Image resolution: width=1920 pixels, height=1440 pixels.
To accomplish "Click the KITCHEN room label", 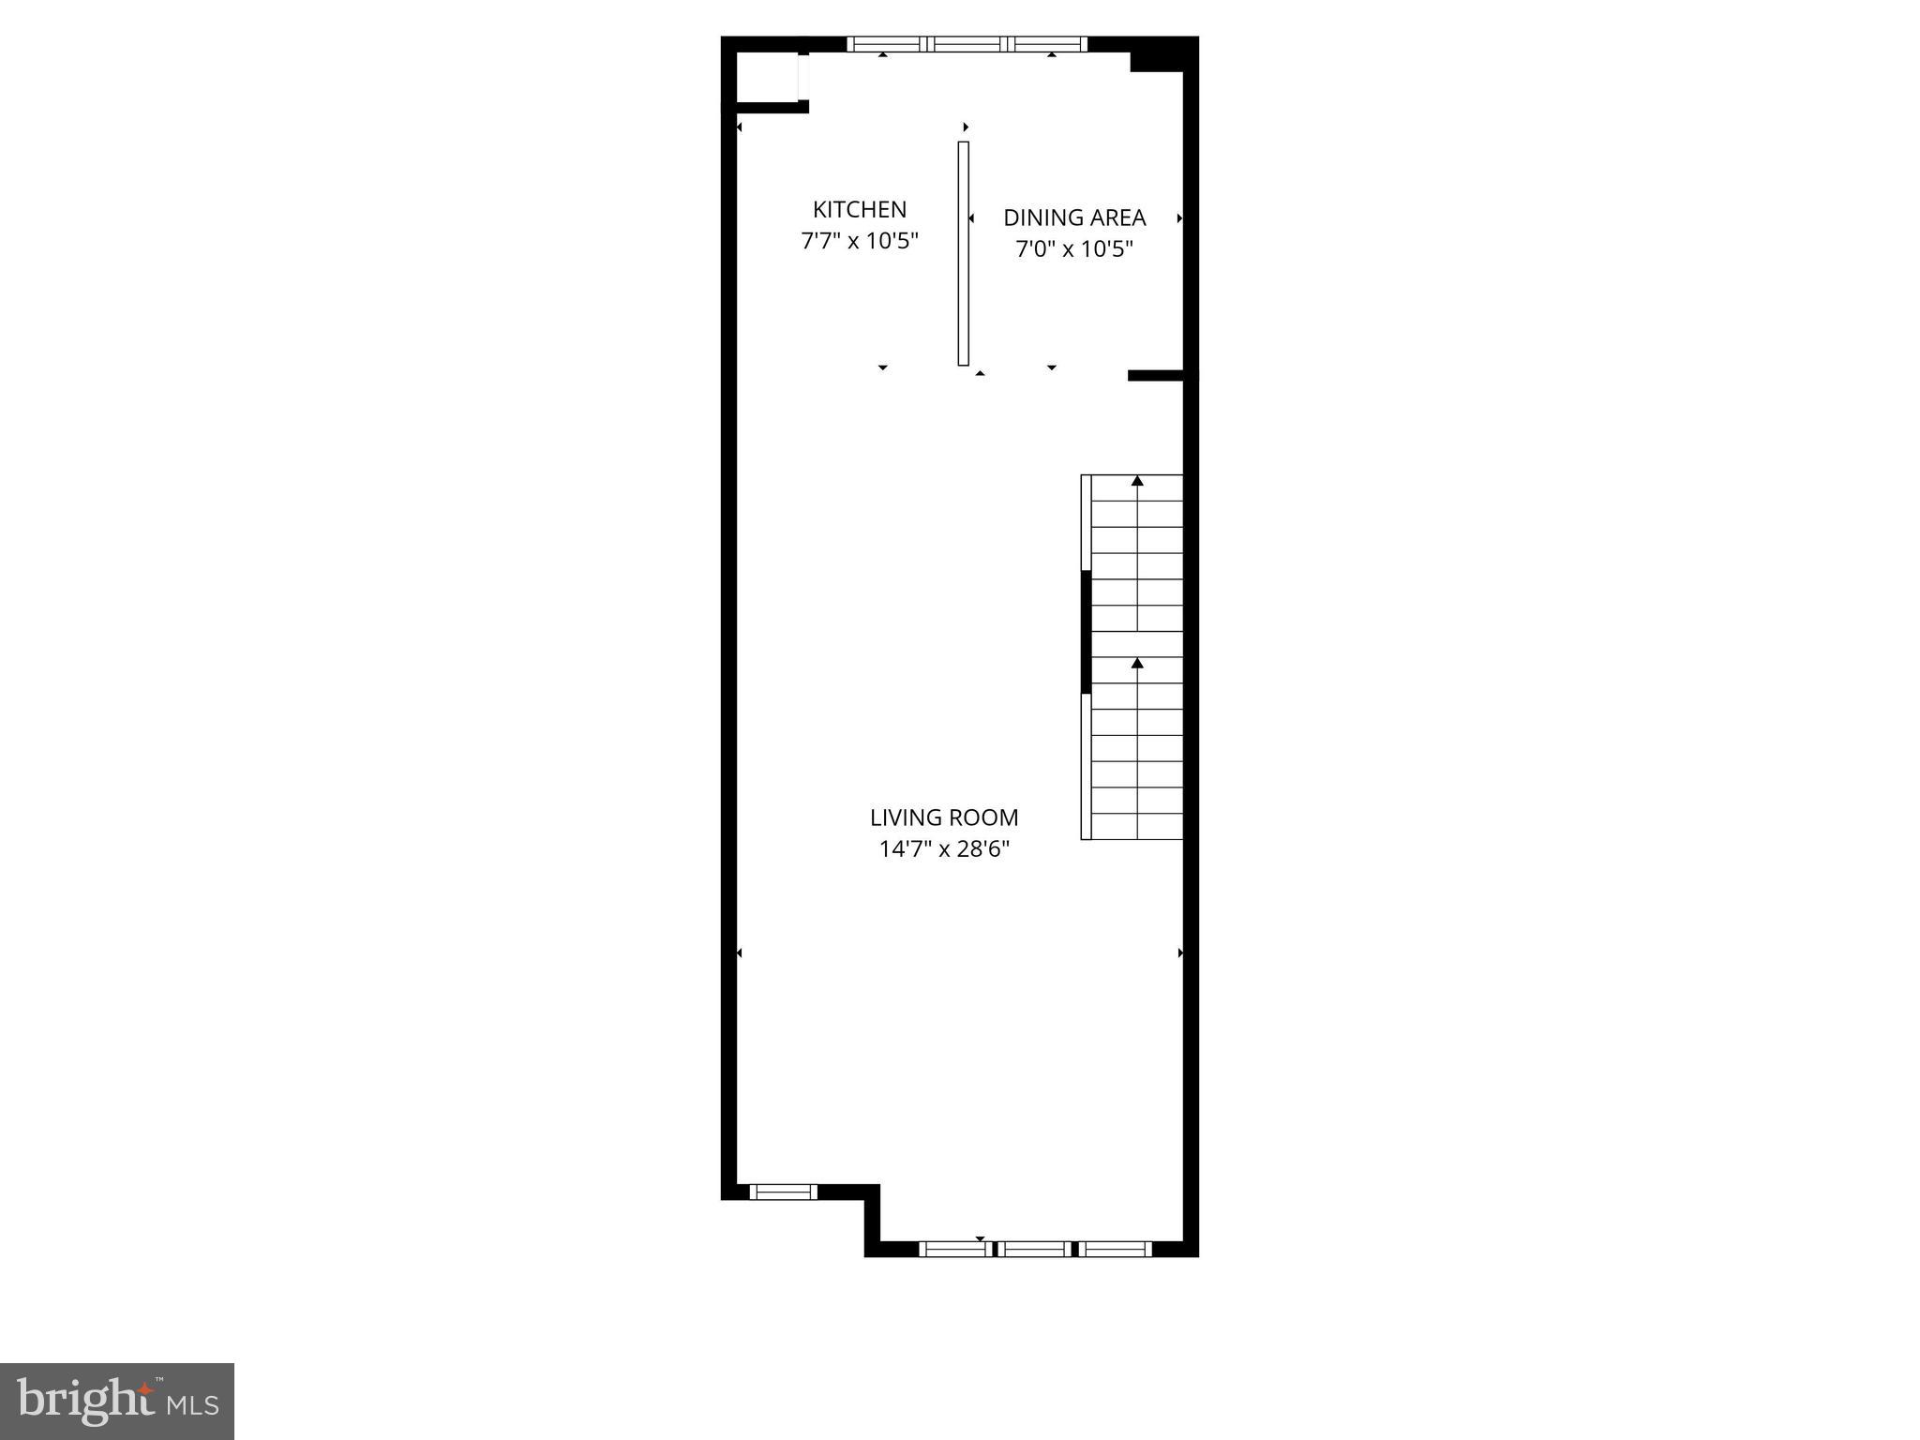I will pyautogui.click(x=859, y=209).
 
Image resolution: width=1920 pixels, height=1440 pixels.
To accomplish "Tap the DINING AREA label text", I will pyautogui.click(x=1074, y=217).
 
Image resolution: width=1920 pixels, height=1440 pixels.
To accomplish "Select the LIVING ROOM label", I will pyautogui.click(x=944, y=817).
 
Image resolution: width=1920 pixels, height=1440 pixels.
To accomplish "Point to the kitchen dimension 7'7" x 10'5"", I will pyautogui.click(x=859, y=241).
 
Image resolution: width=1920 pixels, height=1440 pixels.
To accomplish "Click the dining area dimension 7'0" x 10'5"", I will pyautogui.click(x=1074, y=249).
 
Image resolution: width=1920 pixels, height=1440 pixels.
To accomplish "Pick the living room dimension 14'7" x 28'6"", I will pyautogui.click(x=944, y=849).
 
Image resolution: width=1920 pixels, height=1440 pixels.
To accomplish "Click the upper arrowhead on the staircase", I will pyautogui.click(x=1137, y=481).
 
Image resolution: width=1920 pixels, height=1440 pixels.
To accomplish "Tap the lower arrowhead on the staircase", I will pyautogui.click(x=1137, y=663).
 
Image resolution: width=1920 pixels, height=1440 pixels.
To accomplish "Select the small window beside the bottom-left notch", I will pyautogui.click(x=783, y=1192).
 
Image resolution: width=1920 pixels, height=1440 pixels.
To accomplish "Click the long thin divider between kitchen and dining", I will pyautogui.click(x=963, y=253).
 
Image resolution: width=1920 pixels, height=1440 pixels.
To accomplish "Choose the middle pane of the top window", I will pyautogui.click(x=967, y=43).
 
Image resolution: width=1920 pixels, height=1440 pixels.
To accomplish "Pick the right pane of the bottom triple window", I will pyautogui.click(x=1116, y=1248).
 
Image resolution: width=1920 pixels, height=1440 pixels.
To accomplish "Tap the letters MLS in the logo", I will pyautogui.click(x=192, y=1405).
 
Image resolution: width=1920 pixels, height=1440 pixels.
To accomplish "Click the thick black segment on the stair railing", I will pyautogui.click(x=1086, y=632).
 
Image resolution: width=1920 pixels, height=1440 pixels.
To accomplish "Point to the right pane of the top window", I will pyautogui.click(x=1049, y=43).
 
